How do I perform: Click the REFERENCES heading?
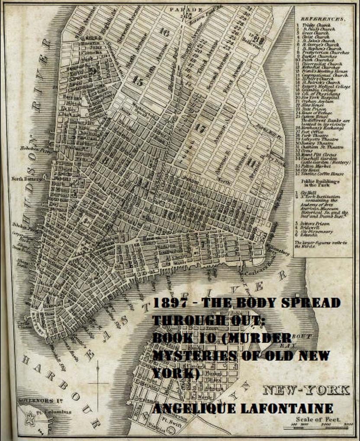coord(323,19)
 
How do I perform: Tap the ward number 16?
coord(164,32)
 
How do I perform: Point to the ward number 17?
coord(200,128)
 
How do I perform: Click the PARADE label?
coord(186,9)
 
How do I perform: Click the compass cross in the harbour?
coord(97,382)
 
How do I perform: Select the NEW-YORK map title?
coord(306,390)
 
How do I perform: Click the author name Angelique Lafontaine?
coord(243,409)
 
